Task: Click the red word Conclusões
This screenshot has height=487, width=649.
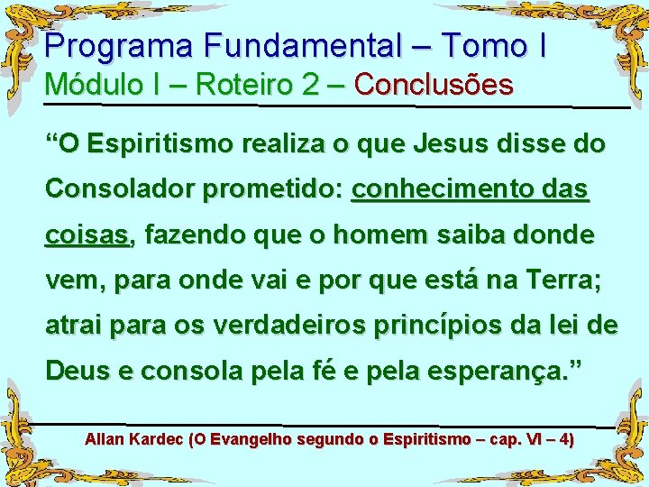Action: [x=434, y=86]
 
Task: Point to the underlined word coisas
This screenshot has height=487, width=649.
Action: [x=87, y=236]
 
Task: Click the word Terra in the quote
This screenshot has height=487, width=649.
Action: [x=559, y=281]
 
